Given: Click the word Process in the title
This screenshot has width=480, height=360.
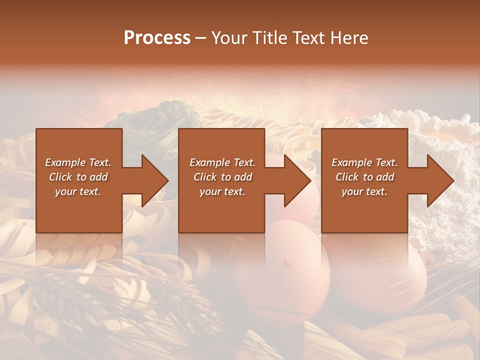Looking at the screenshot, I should pos(157,38).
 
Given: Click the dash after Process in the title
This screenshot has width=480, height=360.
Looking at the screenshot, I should pos(200,39).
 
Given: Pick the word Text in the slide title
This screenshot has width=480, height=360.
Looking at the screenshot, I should pos(309,38).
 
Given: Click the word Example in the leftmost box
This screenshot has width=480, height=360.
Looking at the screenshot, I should pos(65,162).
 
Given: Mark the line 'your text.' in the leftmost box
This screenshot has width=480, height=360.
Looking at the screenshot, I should pos(78,191).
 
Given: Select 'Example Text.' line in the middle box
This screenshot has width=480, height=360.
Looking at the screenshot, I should pos(222,162).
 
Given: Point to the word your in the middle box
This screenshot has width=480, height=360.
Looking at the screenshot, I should pos(210,191).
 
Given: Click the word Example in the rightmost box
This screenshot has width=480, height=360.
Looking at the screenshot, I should pos(352,162).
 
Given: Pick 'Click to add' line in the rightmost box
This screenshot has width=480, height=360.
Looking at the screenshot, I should pos(364,177).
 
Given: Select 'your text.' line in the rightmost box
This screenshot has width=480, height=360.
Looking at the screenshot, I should pos(364,191).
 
